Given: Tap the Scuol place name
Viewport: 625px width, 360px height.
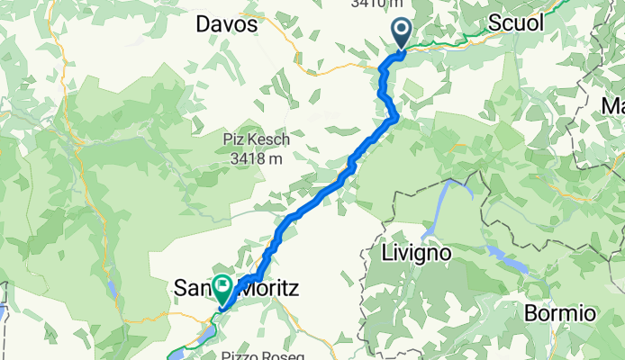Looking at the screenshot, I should click(516, 24).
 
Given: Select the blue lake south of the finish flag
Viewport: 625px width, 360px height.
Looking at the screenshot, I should click(205, 336).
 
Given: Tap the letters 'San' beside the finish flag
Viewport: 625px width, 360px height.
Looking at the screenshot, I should click(191, 289).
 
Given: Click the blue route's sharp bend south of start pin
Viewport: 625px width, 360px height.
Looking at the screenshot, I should click(394, 116).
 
